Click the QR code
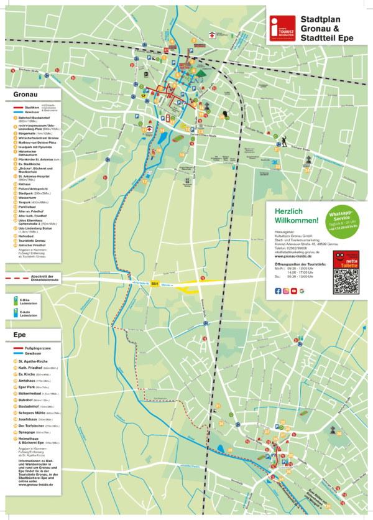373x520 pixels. click(x=347, y=281)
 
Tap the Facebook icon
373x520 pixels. click(x=278, y=291)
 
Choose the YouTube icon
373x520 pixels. click(x=294, y=291)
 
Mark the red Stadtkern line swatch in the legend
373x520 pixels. click(x=21, y=107)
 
